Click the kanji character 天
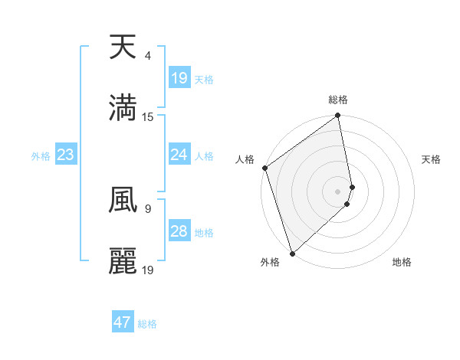tap(123, 47)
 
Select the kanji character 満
tap(123, 108)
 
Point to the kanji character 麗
tap(123, 261)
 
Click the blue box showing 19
tap(179, 78)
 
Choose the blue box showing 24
tap(179, 155)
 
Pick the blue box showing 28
tap(179, 231)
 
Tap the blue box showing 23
tap(66, 155)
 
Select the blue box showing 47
tap(123, 322)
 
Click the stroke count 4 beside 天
tap(147, 56)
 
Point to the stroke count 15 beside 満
tap(148, 117)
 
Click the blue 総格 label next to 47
tap(147, 324)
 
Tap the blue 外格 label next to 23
tap(41, 156)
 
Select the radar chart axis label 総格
tap(338, 100)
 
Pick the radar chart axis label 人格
tap(245, 159)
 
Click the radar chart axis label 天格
tap(432, 159)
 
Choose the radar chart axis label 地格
tap(402, 262)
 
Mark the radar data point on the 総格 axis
tap(338, 116)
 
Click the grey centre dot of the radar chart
tap(338, 191)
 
